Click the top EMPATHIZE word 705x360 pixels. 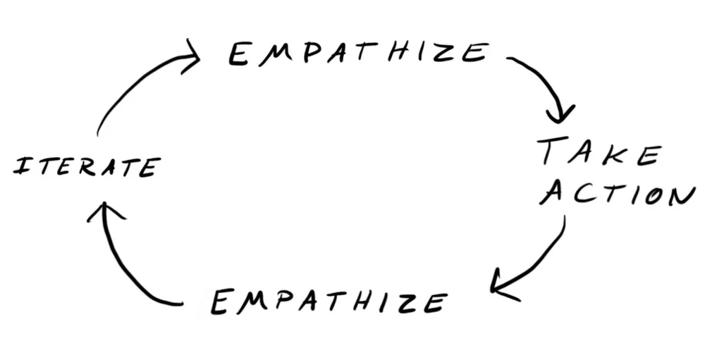tap(358, 54)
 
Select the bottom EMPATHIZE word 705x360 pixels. tap(329, 302)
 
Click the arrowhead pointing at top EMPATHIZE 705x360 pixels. tap(190, 56)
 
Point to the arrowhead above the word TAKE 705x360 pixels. tap(561, 113)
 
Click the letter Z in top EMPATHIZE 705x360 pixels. tap(449, 53)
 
